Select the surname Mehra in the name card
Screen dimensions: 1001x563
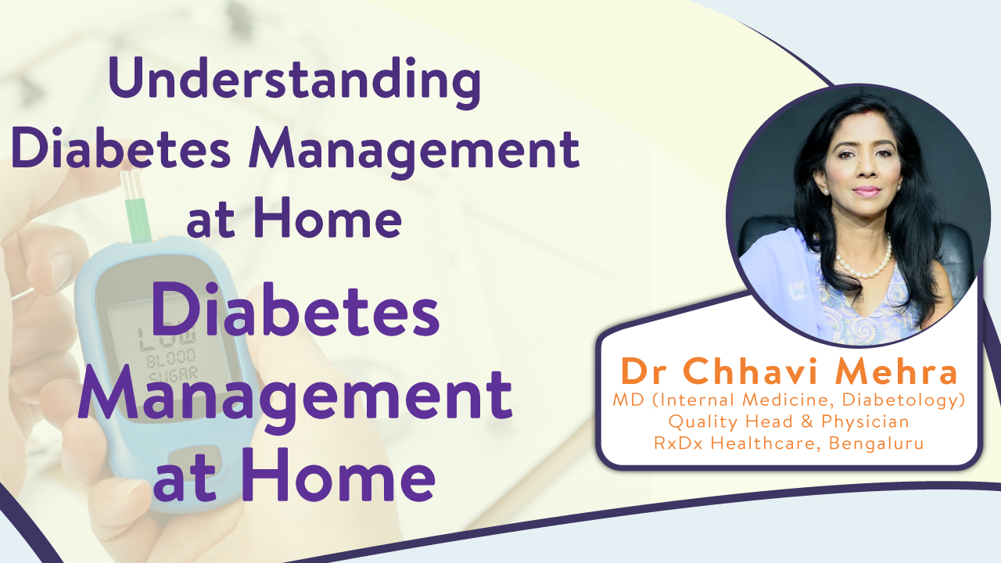896,371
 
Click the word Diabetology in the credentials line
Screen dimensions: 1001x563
903,400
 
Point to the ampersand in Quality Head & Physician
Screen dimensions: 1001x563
807,421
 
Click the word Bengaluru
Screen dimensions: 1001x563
877,443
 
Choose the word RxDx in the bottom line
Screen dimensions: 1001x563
679,443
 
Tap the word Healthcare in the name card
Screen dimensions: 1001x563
766,443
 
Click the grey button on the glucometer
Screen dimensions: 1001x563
195,457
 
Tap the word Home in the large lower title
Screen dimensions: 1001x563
339,475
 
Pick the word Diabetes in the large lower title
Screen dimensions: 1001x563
295,310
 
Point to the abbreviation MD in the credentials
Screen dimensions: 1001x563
628,400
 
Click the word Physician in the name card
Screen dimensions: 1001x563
865,421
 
